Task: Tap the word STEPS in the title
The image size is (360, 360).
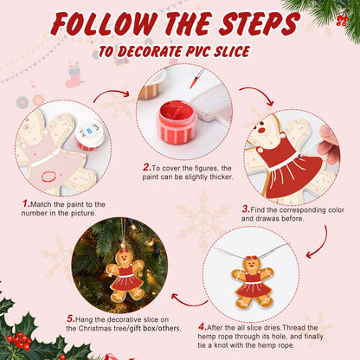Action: pyautogui.click(x=267, y=23)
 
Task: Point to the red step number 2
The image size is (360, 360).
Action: pyautogui.click(x=146, y=167)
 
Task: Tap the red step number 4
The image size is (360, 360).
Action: pyautogui.click(x=202, y=326)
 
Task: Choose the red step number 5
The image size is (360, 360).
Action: pyautogui.click(x=69, y=317)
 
